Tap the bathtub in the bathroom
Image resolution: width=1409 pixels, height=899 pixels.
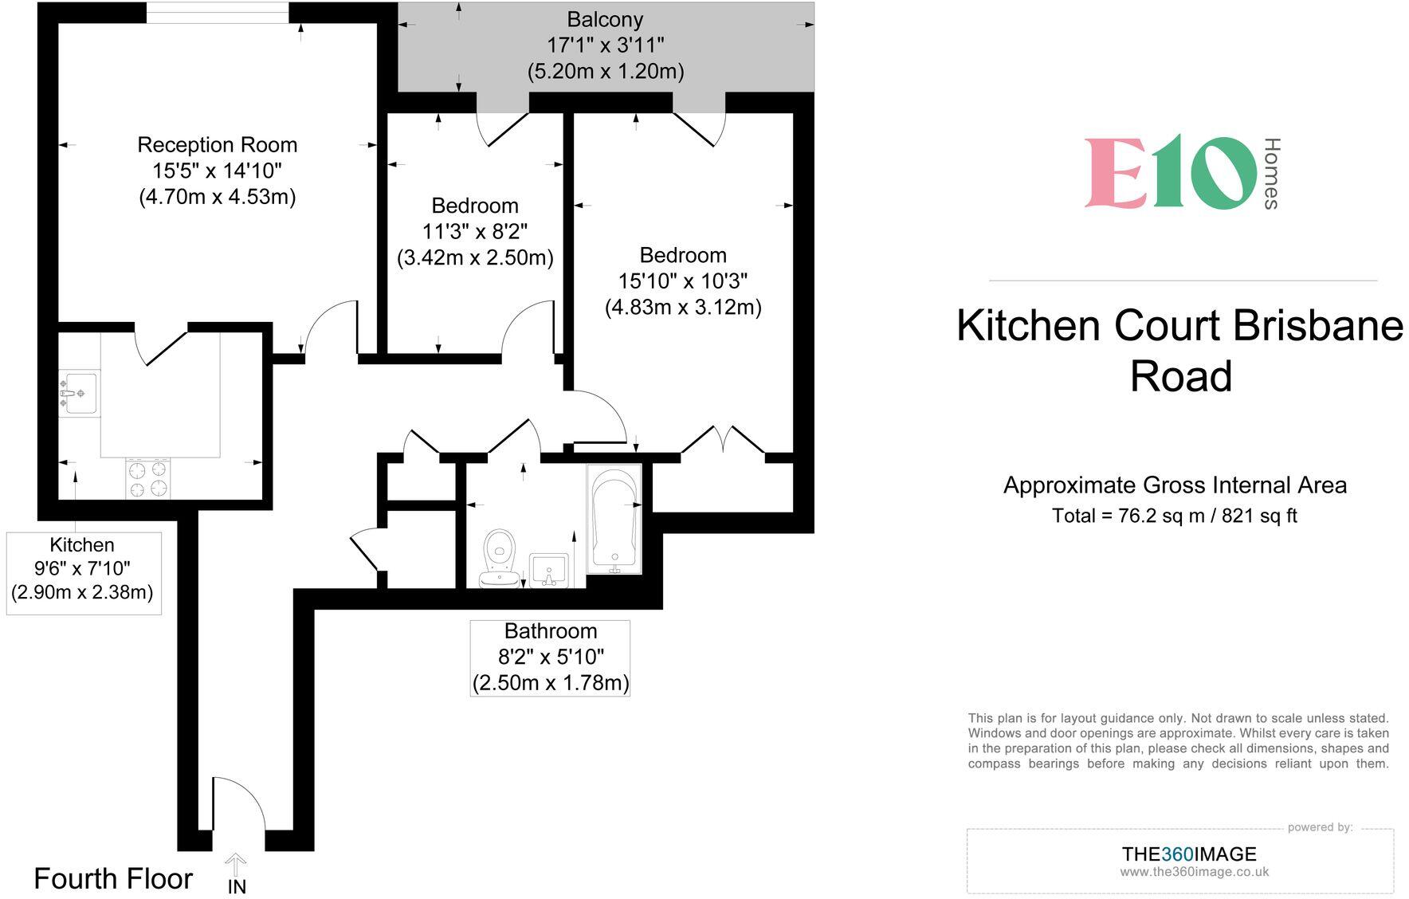[x=614, y=518]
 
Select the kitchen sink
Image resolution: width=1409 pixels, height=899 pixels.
[x=79, y=393]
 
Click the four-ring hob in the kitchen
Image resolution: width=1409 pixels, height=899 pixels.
[x=148, y=478]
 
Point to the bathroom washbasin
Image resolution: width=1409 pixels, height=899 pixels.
[x=549, y=571]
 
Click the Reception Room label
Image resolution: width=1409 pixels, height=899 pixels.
[x=217, y=145]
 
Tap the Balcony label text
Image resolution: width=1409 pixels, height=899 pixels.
[x=605, y=19]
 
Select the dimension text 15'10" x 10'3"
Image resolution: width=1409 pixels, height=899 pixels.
[x=683, y=281]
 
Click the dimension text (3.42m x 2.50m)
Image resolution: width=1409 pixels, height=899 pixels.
[x=475, y=257]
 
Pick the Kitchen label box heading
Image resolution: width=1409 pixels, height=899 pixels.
[x=82, y=545]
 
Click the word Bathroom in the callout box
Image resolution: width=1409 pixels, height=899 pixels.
[x=551, y=631]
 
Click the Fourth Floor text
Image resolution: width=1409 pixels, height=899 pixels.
[x=113, y=879]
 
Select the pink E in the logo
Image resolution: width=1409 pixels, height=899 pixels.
[x=1116, y=173]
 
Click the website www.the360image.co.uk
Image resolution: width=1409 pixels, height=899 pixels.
[x=1194, y=872]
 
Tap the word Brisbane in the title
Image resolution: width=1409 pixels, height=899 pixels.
[x=1318, y=326]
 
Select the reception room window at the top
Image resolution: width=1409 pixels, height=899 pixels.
[x=218, y=13]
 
